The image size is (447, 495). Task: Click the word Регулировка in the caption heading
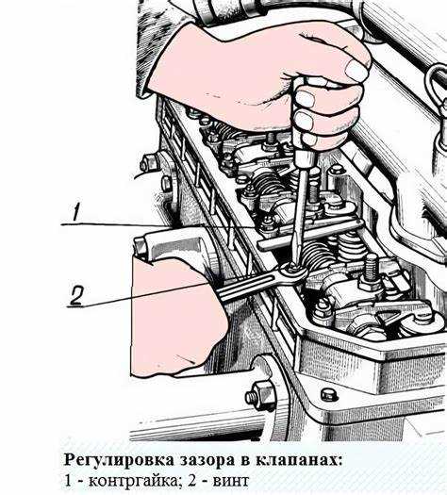tap(109, 460)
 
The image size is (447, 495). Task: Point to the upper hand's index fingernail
tap(356, 71)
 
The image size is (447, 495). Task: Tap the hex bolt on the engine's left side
tap(257, 394)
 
